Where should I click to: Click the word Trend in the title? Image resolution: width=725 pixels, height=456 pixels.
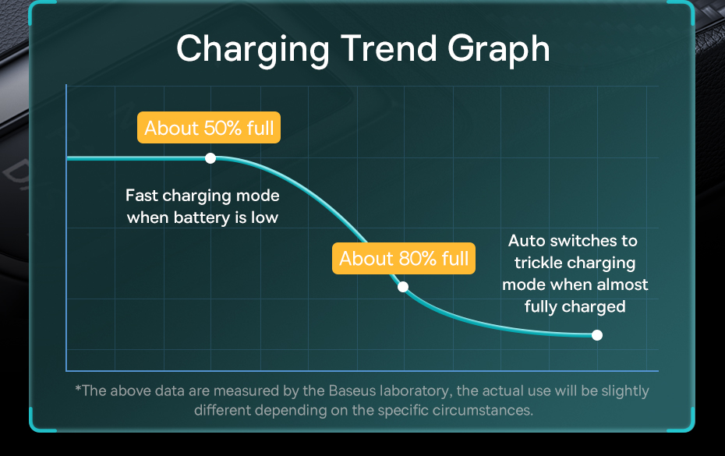[x=389, y=48]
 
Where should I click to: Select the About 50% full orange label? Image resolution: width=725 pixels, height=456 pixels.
[x=209, y=128]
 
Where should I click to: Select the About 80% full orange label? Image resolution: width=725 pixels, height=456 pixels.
[x=404, y=259]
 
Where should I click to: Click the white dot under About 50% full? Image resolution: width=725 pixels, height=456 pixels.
[x=210, y=159]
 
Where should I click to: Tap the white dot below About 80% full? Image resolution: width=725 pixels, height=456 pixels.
[x=403, y=287]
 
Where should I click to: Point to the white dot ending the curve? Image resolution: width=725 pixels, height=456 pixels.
[x=597, y=335]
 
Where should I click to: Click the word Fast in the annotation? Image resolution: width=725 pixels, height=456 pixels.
[x=142, y=196]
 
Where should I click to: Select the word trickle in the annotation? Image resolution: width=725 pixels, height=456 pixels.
[x=535, y=263]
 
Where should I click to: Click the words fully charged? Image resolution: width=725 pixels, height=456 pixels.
[x=575, y=307]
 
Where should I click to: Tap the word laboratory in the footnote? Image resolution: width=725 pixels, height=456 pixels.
[x=416, y=392]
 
